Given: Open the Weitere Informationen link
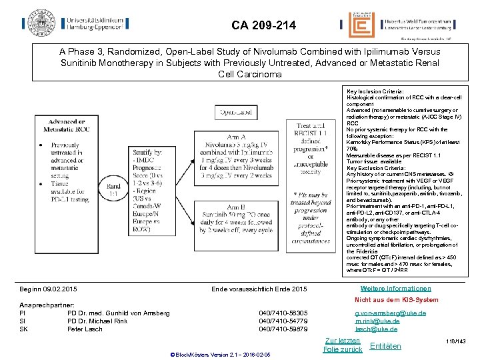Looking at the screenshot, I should [x=395, y=289].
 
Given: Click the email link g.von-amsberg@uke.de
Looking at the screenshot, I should [x=386, y=313].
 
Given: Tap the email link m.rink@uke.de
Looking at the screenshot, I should [x=377, y=321].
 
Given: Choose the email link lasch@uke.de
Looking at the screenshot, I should [x=376, y=329].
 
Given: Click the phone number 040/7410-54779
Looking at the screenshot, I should [x=283, y=321].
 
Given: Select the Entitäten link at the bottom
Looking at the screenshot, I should [x=385, y=346].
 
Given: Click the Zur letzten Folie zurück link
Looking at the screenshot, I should [x=342, y=345].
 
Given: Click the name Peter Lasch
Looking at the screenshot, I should [x=85, y=329].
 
